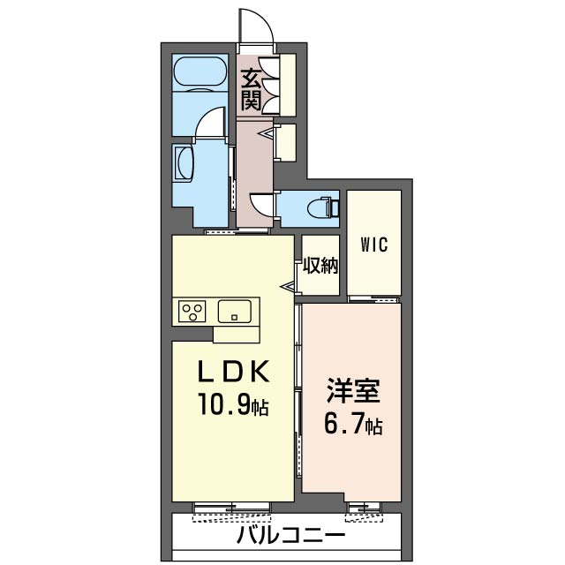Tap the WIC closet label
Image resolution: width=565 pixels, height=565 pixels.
373,244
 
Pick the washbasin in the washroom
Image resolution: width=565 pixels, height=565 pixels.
185,164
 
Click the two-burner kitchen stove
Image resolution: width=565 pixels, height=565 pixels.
192,310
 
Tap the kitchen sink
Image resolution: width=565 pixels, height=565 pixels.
235,311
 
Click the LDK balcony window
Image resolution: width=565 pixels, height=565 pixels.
231,508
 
